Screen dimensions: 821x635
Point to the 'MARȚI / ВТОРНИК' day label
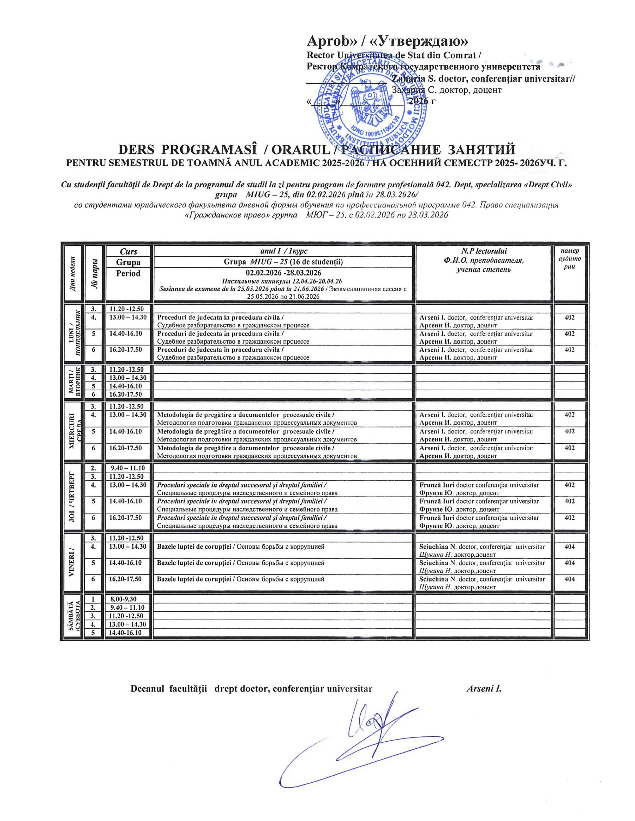pos(74,382)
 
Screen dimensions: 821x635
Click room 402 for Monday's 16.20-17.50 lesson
pos(569,350)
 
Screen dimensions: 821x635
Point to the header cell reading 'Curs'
pos(129,252)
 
